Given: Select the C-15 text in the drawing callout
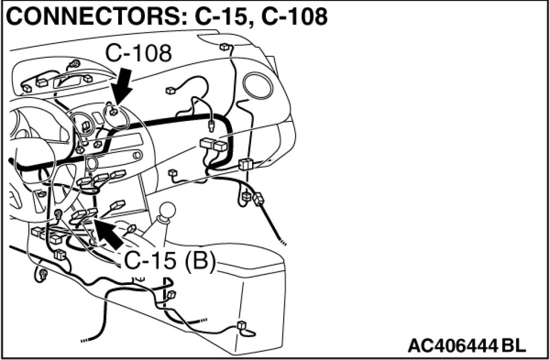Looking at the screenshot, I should click(150, 261).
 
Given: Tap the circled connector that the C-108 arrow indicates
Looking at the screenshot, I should click(114, 112).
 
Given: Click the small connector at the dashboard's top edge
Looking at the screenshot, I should click(223, 47).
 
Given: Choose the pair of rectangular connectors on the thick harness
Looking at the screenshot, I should click(213, 145).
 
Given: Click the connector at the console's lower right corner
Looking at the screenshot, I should click(242, 326).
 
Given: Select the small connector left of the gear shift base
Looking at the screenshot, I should click(131, 229).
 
